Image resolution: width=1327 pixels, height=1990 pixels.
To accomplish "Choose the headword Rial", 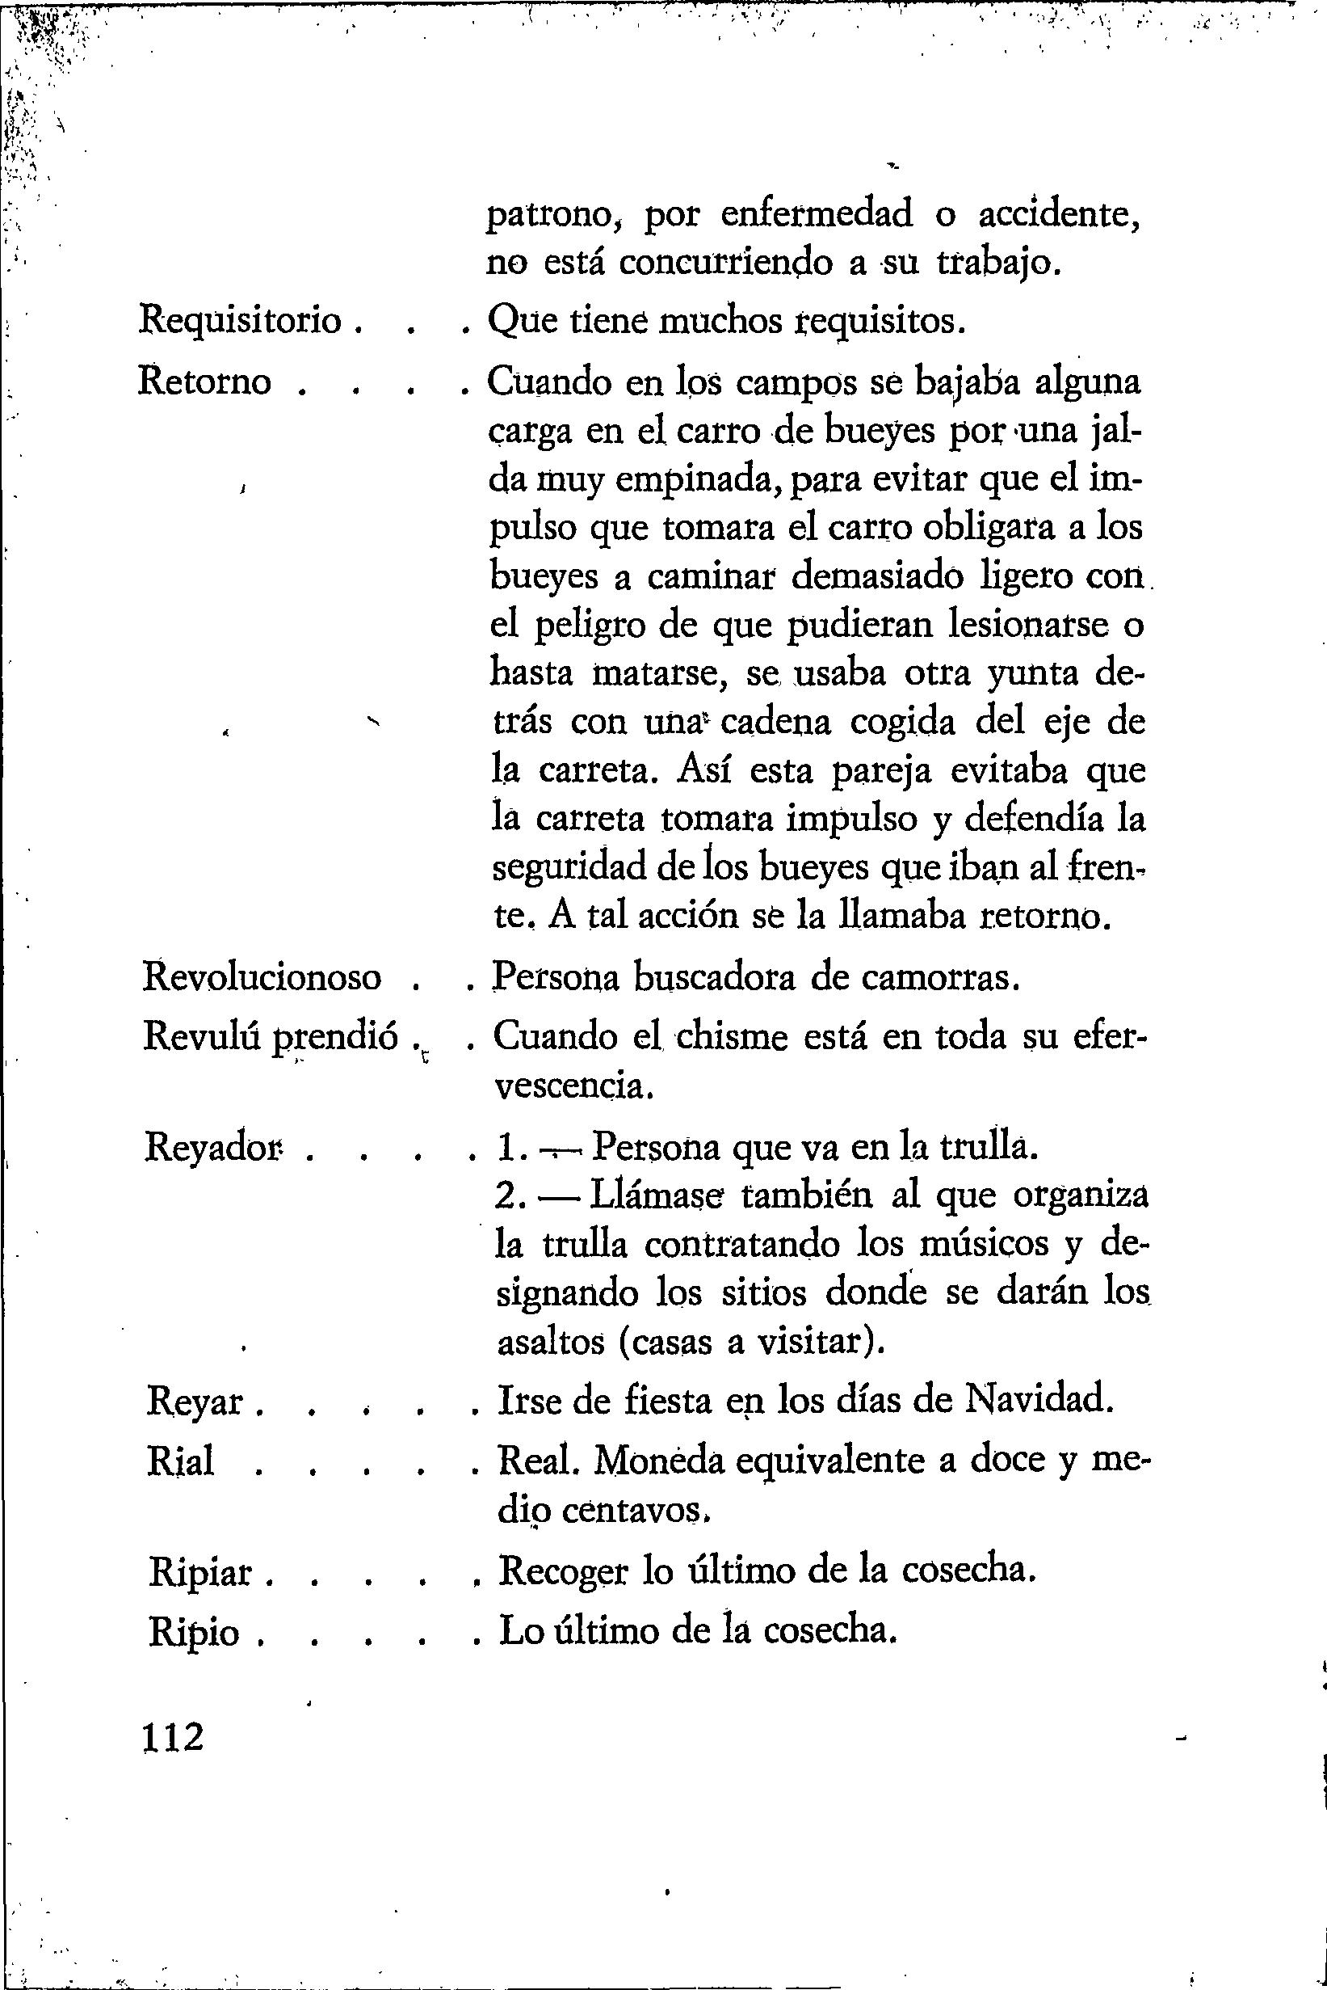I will [x=180, y=1462].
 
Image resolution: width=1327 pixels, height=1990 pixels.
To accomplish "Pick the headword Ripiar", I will [x=200, y=1574].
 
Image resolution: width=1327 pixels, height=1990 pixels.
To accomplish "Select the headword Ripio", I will [x=194, y=1633].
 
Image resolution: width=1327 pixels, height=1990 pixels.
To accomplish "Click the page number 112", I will [x=174, y=1738].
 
